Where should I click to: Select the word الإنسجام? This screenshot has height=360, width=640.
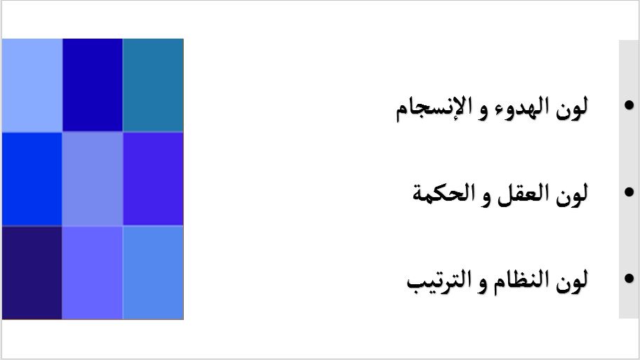pyautogui.click(x=434, y=108)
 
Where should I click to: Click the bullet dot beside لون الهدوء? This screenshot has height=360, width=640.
pyautogui.click(x=629, y=105)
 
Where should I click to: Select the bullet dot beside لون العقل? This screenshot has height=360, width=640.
pyautogui.click(x=629, y=192)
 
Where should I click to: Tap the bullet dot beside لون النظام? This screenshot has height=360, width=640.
pyautogui.click(x=629, y=279)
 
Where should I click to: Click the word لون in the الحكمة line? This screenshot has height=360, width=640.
pyautogui.click(x=572, y=194)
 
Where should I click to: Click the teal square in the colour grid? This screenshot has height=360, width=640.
pyautogui.click(x=153, y=86)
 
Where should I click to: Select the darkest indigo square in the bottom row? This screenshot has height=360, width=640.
pyautogui.click(x=32, y=273)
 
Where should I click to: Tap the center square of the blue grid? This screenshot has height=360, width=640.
pyautogui.click(x=92, y=179)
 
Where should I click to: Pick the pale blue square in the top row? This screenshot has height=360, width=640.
pyautogui.click(x=32, y=86)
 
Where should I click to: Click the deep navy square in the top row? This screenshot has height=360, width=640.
pyautogui.click(x=92, y=86)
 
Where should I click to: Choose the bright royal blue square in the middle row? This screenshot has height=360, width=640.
pyautogui.click(x=32, y=179)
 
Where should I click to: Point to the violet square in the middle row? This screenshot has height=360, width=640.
pyautogui.click(x=153, y=179)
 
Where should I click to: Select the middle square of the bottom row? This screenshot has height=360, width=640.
pyautogui.click(x=92, y=273)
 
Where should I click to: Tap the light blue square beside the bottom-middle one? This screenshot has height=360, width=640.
pyautogui.click(x=153, y=273)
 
